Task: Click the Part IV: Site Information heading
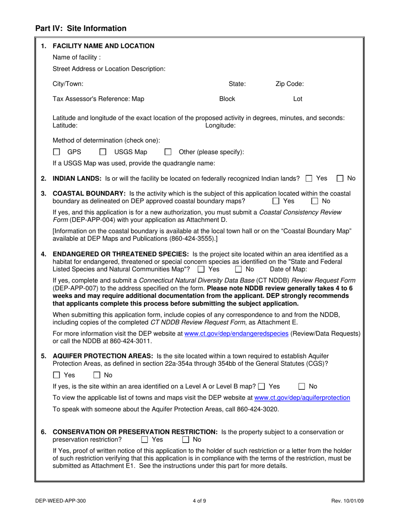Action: pos(81,29)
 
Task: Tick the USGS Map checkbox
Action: pos(102,152)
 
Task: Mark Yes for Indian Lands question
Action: pos(309,179)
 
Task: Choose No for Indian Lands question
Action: pos(341,179)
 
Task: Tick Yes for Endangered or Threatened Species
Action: pos(201,269)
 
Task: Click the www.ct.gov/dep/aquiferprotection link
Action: pos(302,398)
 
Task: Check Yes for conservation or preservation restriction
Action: pos(144,440)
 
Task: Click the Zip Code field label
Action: pos(289,84)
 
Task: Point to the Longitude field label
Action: pos(220,125)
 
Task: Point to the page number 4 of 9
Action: pos(199,500)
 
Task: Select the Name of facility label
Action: pos(76,57)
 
